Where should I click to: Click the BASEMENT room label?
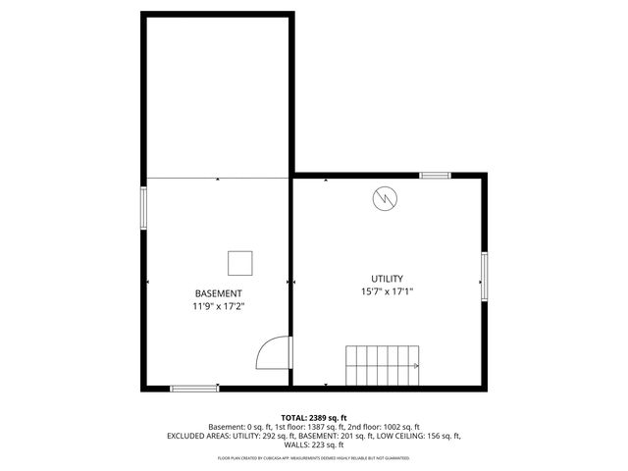218,293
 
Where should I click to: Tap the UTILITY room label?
387,279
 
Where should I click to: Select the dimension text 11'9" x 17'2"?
218,306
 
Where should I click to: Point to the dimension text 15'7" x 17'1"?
387,291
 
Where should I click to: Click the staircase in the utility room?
383,365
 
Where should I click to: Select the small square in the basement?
240,263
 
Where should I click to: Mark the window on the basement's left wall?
145,209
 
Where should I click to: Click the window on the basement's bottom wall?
194,389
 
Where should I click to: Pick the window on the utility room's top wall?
434,176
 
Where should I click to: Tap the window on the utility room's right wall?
484,278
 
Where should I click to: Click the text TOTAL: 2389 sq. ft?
314,417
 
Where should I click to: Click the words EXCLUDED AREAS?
203,436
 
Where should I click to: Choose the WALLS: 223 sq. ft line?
314,445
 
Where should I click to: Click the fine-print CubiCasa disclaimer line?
314,457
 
